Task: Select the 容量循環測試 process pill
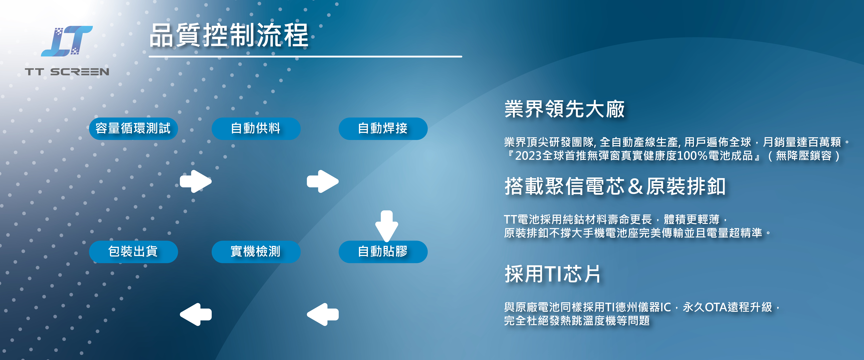point(133,129)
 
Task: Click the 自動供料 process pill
point(256,129)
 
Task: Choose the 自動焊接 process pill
point(383,129)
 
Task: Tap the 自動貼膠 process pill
point(383,252)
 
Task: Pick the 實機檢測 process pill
point(256,252)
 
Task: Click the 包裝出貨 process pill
point(133,252)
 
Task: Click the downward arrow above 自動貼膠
point(387,226)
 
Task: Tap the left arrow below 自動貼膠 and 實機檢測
point(323,314)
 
